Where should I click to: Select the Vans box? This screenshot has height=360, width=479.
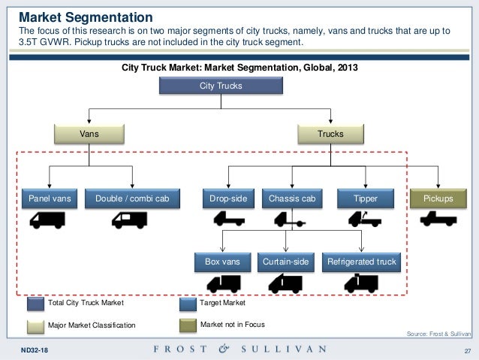point(89,134)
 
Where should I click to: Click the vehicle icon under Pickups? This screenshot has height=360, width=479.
point(437,219)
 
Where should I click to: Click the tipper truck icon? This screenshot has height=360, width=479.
point(363,219)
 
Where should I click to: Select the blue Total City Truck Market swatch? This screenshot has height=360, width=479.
point(36,304)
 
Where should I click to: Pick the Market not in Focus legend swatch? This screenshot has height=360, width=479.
point(188,324)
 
